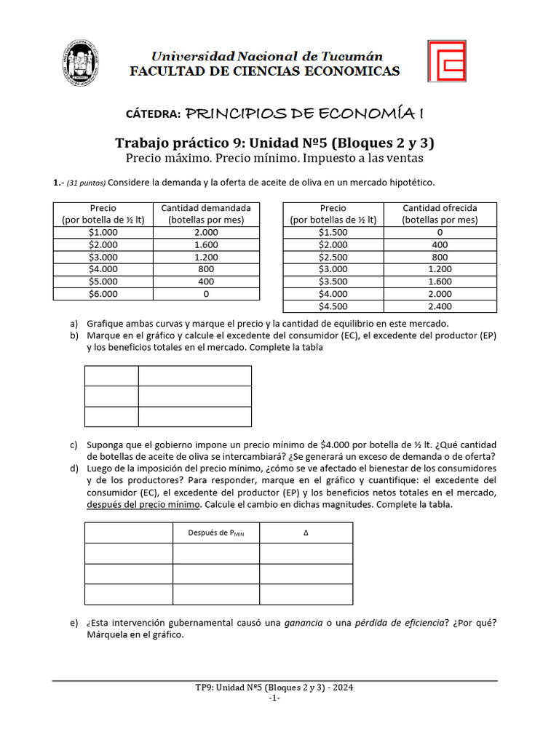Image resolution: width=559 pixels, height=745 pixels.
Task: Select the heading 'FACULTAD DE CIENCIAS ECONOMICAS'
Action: tap(264, 71)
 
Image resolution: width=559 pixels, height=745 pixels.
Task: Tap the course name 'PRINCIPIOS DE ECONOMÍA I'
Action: tap(305, 113)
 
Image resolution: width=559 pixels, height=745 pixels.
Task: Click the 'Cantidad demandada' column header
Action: tap(206, 213)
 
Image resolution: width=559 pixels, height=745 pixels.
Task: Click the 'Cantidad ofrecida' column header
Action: tap(440, 213)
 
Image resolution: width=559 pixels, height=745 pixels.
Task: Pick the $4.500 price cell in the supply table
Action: tap(333, 306)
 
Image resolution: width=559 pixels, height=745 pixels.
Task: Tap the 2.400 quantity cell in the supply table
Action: tap(440, 306)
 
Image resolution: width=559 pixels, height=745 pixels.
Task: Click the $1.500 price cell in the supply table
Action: tap(333, 232)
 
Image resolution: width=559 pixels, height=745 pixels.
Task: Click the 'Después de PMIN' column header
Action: tap(216, 533)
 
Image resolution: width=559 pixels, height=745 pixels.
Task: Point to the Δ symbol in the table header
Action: tap(306, 533)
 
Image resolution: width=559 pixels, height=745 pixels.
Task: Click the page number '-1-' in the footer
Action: tap(274, 698)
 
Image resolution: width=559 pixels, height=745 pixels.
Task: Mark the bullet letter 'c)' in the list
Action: tap(74, 445)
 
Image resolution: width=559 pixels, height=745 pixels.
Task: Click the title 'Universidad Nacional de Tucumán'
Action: tap(266, 57)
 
